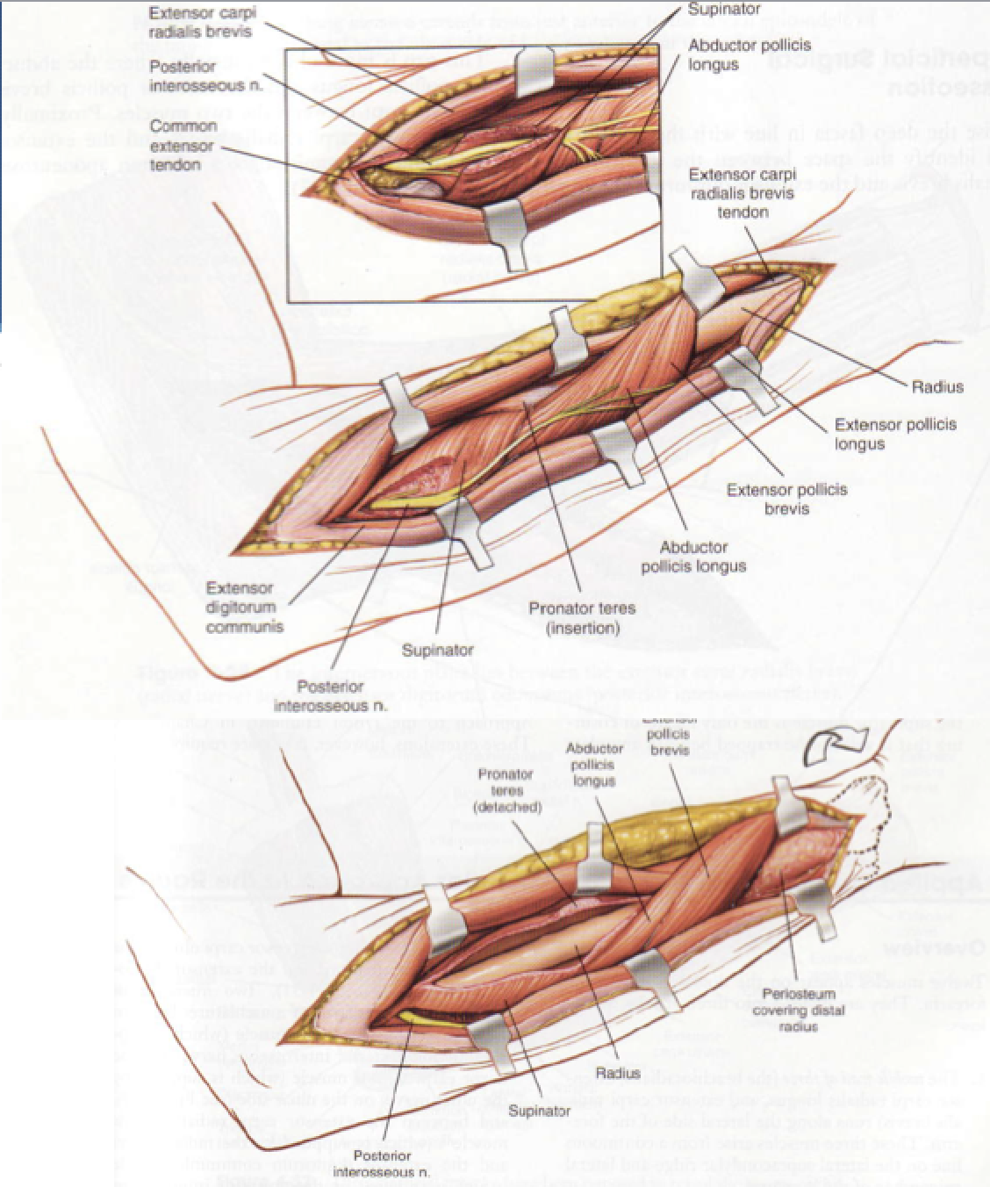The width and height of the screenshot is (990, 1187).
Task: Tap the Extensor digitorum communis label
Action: [x=245, y=607]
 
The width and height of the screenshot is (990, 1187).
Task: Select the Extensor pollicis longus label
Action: [x=895, y=434]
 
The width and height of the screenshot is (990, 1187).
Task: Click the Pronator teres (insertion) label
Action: [x=583, y=618]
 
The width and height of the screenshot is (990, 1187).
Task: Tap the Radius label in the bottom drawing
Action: [x=618, y=1073]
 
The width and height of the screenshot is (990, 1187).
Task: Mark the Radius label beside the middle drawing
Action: [x=937, y=386]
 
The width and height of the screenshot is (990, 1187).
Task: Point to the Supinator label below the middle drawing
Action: [x=437, y=651]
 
